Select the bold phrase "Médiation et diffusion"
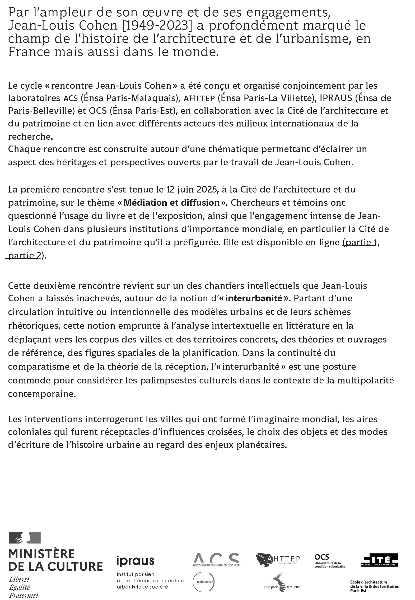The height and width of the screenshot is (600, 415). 172,203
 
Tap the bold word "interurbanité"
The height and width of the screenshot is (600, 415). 254,298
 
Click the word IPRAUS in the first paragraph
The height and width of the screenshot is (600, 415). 336,98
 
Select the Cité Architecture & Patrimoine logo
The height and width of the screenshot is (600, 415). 379,560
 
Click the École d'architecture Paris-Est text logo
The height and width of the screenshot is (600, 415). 374,586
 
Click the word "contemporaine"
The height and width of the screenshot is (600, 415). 42,394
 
